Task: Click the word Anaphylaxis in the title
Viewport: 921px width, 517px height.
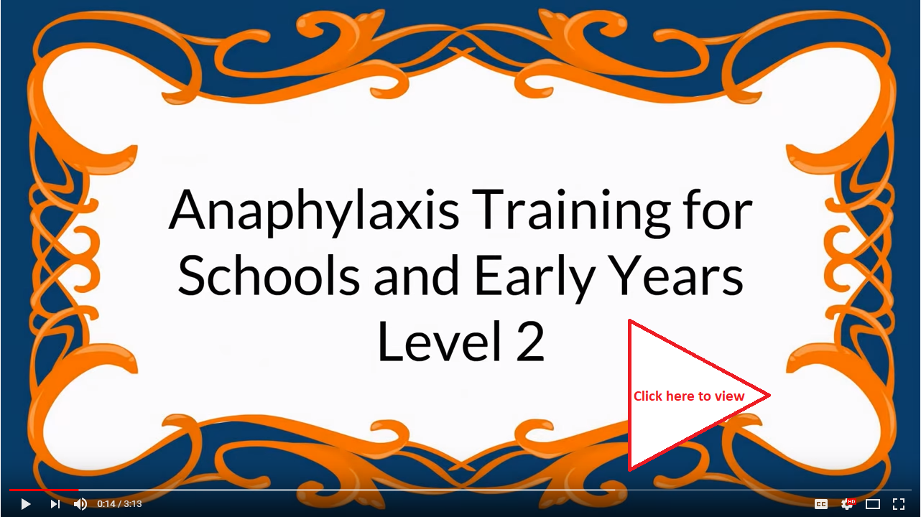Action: point(314,212)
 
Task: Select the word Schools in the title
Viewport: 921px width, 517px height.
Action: point(269,274)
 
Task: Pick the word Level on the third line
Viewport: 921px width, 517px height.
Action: point(440,340)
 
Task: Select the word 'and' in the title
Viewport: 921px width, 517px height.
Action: point(416,274)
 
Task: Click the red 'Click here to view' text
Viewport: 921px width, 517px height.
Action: point(689,396)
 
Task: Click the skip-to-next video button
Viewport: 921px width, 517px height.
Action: point(55,504)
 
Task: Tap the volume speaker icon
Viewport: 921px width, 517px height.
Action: point(80,504)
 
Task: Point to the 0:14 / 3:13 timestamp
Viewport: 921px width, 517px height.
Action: point(119,504)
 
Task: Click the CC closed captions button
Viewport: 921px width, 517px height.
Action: point(820,504)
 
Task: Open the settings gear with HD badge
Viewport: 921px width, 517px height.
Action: point(848,504)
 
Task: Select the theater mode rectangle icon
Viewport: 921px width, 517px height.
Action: point(872,504)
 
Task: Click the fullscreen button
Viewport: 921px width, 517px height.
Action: point(899,504)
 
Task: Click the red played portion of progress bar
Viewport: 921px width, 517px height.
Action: point(44,490)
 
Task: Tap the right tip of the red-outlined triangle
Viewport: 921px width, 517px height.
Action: point(770,396)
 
